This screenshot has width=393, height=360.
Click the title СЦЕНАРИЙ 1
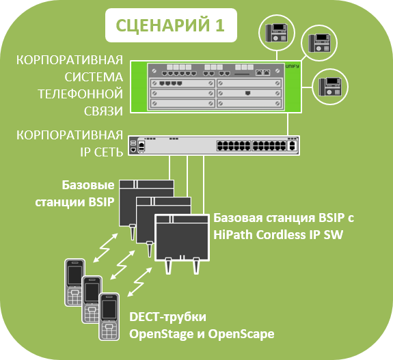170,25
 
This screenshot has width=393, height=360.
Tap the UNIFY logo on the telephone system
293,66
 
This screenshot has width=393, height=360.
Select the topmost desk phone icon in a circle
276,33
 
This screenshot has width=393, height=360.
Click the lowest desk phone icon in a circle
330,87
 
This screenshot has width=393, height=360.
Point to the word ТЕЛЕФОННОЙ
81,94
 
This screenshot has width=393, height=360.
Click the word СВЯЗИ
103,111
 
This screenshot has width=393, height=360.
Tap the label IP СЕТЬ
102,152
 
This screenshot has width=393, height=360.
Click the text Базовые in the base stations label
88,185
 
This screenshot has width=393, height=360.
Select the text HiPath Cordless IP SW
277,235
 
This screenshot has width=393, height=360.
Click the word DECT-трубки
167,317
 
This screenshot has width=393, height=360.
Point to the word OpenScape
241,334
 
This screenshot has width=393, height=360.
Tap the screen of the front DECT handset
109,309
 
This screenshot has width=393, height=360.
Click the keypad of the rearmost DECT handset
75,297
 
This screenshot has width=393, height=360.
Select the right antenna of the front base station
196,266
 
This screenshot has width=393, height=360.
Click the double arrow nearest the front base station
140,282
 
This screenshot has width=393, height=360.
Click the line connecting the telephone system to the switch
288,124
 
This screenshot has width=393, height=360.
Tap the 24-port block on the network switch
251,146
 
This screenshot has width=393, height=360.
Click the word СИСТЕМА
94,77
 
